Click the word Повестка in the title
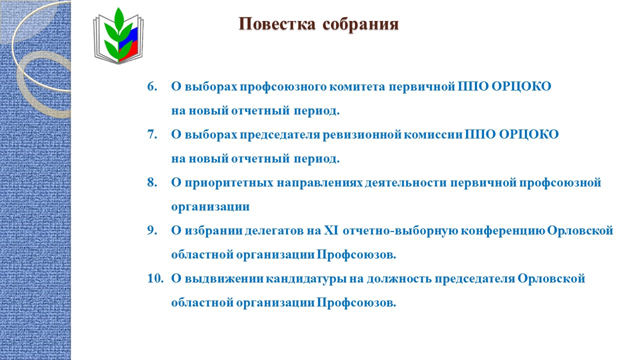coord(277,23)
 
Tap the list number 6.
coord(152,86)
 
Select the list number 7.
coord(152,134)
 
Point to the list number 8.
coord(152,182)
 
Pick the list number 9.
coord(152,230)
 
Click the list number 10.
coord(155,278)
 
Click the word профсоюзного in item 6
coord(283,87)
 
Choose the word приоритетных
coord(229,183)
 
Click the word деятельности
coord(405,183)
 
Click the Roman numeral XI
coord(331,230)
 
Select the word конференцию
coord(503,231)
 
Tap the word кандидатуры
coord(306,279)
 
